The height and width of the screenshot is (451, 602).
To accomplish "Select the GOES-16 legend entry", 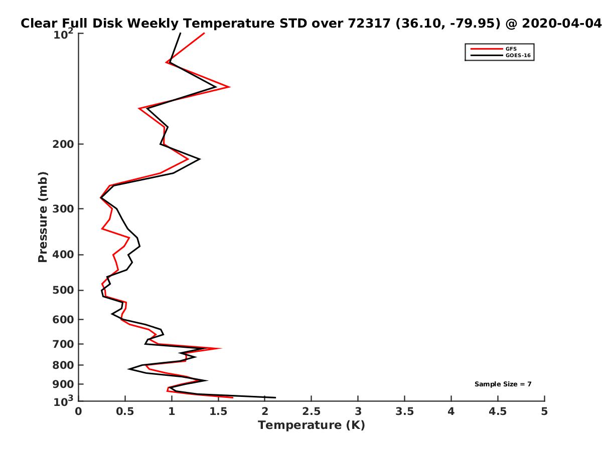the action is point(500,55).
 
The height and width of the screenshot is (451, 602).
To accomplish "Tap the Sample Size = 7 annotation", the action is point(503,384).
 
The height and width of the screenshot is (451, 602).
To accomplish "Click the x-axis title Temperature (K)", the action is point(312,425).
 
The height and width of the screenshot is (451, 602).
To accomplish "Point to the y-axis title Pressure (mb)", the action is point(43,217).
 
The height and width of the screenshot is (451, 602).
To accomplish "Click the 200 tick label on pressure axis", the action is point(63,144).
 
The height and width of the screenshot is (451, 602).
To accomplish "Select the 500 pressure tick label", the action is point(63,290).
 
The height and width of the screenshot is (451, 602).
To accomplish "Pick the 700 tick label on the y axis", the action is point(63,344).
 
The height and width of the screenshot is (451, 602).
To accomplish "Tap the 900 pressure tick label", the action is point(63,384).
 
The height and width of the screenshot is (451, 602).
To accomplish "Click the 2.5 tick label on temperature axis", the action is point(312,411).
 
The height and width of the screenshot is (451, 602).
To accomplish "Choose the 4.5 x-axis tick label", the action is point(498,411).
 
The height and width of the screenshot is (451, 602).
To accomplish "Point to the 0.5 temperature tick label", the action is point(125,411).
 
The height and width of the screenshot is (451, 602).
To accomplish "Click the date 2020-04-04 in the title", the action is point(562,24).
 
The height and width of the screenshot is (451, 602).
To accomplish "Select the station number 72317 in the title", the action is point(369,24).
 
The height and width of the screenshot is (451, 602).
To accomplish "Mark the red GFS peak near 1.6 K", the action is point(229,87).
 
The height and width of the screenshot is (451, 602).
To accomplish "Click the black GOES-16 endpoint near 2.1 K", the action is point(275,397).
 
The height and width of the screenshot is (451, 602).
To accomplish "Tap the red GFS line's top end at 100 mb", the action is point(204,33).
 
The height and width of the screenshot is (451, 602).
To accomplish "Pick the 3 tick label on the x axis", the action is point(358,411).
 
